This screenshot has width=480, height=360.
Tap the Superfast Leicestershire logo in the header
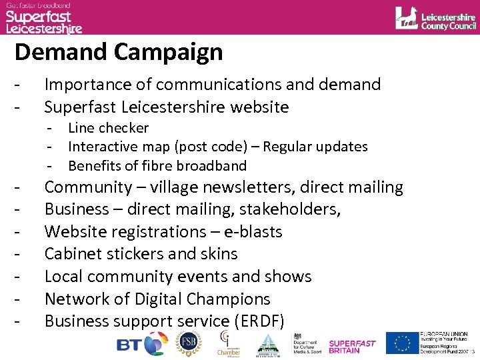pos(44,17)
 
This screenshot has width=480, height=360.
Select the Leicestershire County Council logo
pos(435,18)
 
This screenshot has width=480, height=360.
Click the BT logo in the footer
pos(140,344)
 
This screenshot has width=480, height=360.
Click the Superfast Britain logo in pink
pos(353,346)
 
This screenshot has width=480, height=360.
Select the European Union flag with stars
pos(402,343)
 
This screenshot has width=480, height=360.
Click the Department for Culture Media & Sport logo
pos(306,344)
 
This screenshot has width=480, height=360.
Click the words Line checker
pos(109,128)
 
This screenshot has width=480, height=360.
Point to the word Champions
pos(227,299)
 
